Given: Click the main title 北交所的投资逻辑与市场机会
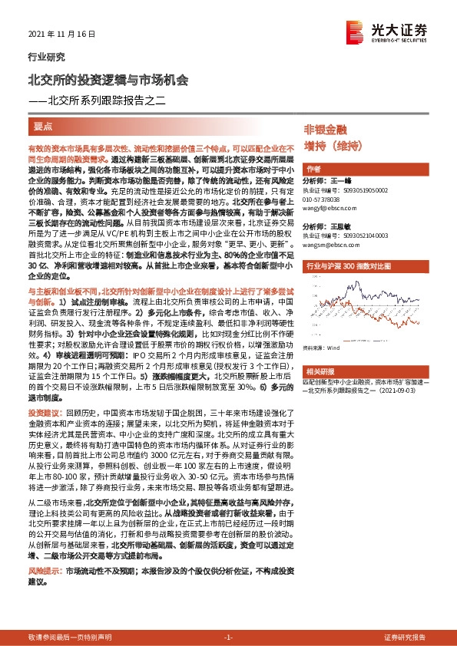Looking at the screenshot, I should click(x=108, y=79).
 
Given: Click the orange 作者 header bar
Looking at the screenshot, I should click(x=313, y=168).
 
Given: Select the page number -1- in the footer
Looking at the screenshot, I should click(x=227, y=638).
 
